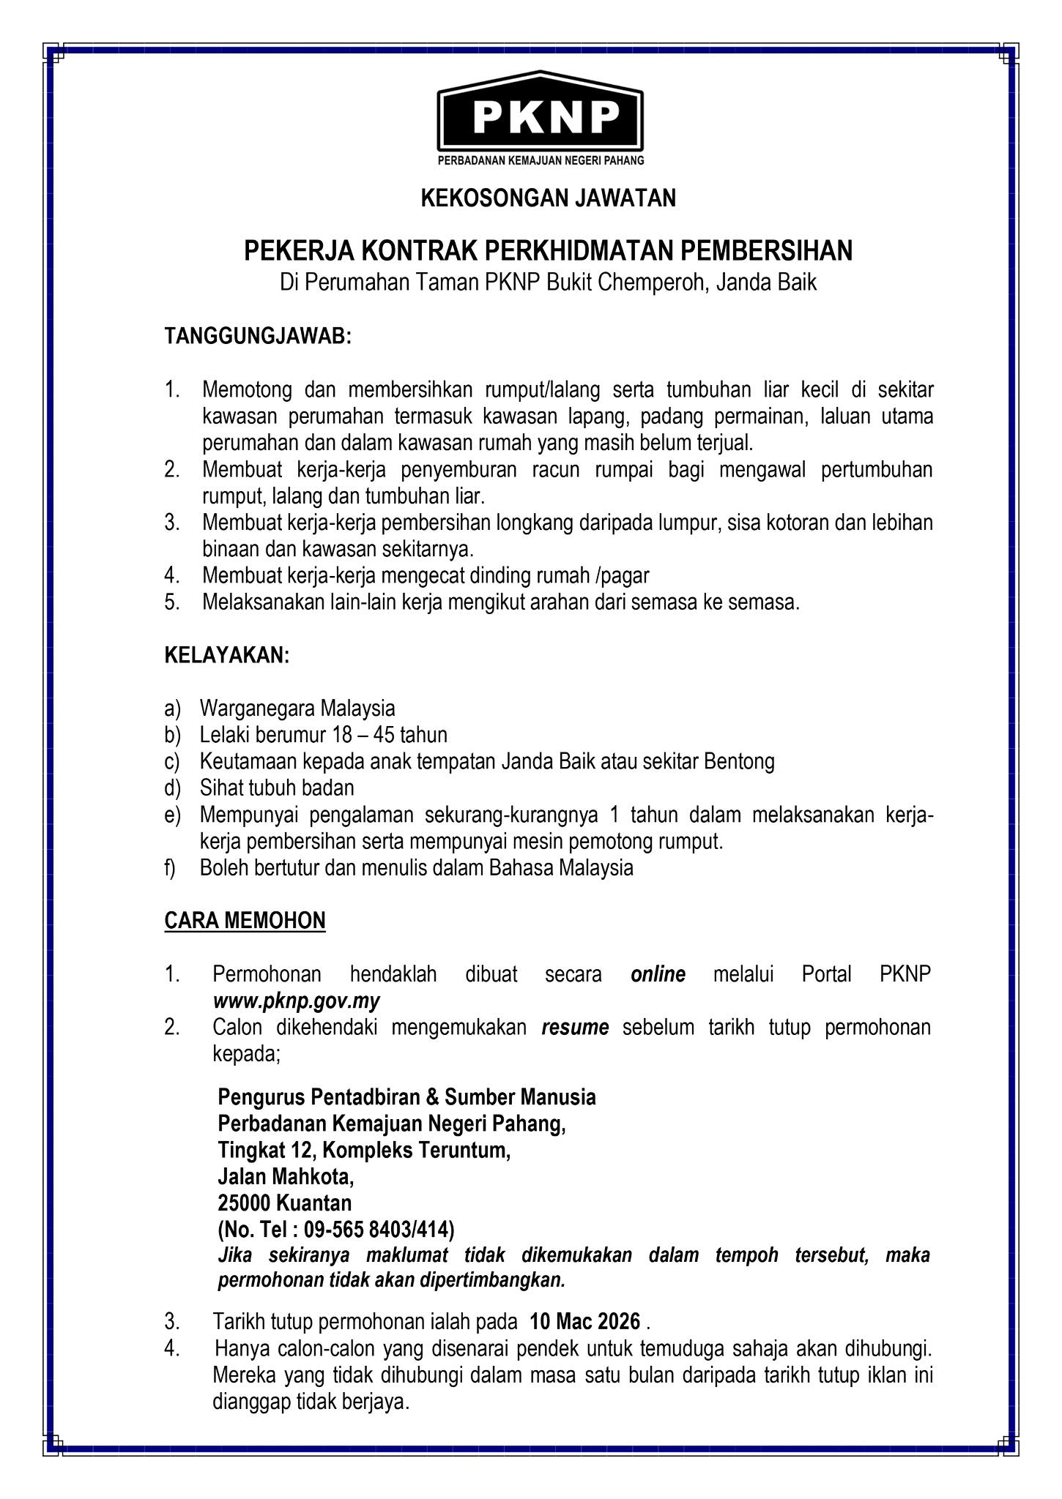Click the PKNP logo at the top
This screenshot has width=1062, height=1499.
(540, 117)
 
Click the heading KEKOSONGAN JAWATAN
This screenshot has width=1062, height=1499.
(548, 198)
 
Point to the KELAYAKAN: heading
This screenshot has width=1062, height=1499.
(227, 656)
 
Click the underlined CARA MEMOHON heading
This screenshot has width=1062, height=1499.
(245, 921)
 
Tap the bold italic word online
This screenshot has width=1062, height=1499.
(658, 975)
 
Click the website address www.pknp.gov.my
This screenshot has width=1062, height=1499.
(296, 1001)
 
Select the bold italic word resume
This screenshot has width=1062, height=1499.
(575, 1028)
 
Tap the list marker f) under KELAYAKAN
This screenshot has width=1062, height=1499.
(170, 868)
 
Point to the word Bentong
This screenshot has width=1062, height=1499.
(739, 761)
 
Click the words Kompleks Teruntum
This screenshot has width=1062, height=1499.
(415, 1150)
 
